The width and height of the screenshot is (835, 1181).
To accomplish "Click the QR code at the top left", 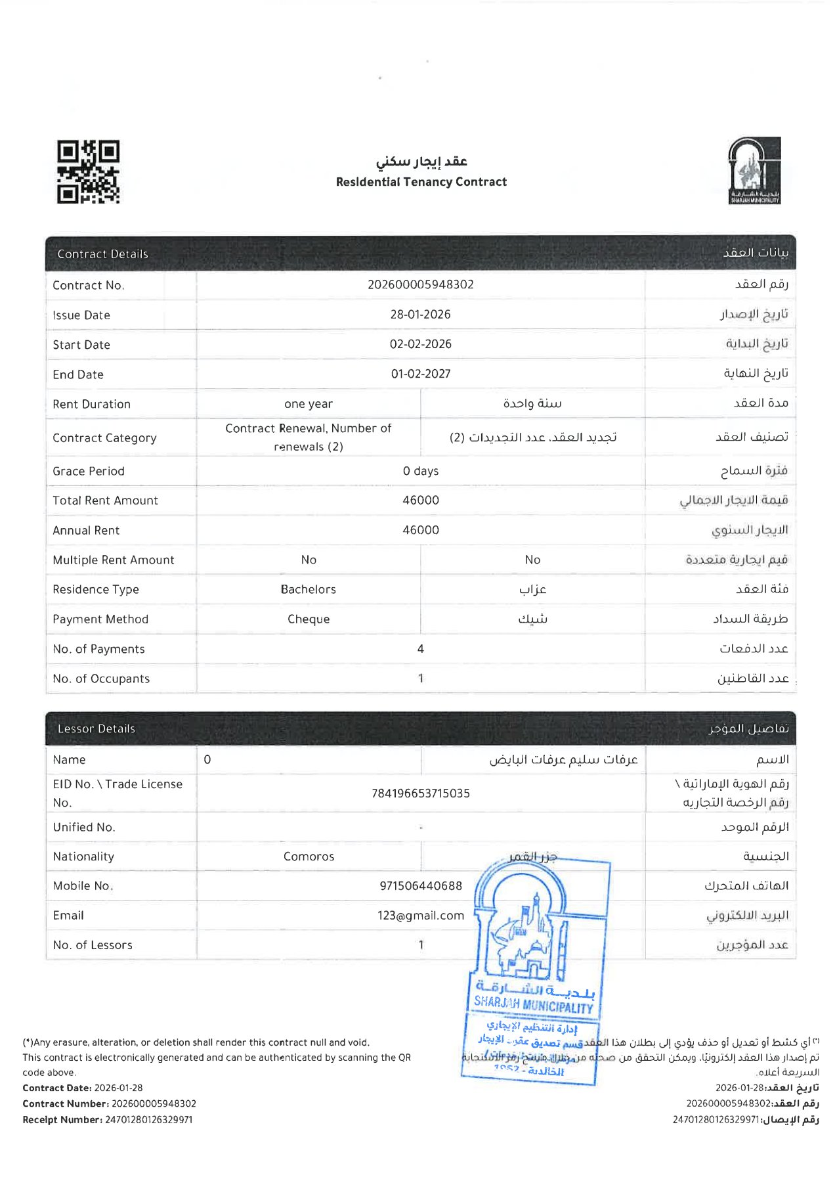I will (x=88, y=171).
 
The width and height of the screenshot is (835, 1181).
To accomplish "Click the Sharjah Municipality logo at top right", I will (x=754, y=171).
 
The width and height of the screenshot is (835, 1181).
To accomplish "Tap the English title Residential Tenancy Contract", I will (x=421, y=182).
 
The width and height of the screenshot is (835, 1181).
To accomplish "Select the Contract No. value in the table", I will (x=420, y=284).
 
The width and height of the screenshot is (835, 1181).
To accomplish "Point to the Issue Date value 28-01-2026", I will (x=420, y=315).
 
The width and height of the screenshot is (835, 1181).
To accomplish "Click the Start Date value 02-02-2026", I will (x=420, y=344).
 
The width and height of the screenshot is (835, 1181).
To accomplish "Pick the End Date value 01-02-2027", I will (x=420, y=374).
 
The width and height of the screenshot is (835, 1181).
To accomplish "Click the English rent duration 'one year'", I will (x=308, y=404).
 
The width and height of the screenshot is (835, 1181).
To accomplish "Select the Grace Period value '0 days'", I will (x=420, y=471).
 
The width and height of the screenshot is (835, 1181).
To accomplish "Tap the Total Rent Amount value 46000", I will (x=420, y=501).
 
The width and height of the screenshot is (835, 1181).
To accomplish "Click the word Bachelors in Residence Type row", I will (x=308, y=589).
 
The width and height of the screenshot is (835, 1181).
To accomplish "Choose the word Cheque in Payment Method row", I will (x=308, y=619).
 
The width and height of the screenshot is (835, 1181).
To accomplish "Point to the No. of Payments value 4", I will (x=420, y=649).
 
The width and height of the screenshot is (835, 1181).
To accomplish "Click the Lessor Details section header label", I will (x=96, y=728).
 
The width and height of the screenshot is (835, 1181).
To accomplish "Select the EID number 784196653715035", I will (x=420, y=793).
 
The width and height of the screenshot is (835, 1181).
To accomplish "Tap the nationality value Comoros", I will (x=309, y=857).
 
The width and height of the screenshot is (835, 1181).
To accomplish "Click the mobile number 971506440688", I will (x=420, y=886).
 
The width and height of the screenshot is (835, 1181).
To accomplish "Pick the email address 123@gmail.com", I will (x=420, y=916).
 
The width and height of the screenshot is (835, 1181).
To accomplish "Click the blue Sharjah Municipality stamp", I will (x=535, y=966).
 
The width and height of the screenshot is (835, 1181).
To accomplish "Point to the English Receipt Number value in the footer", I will (x=148, y=1120).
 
